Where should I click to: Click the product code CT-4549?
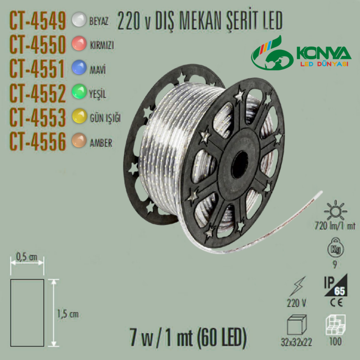(x=38, y=21)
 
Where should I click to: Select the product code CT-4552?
(x=38, y=94)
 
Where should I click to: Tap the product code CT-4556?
(x=38, y=141)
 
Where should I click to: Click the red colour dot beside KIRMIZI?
(x=79, y=43)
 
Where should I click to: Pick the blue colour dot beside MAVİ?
(x=79, y=67)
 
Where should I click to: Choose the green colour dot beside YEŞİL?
(x=79, y=91)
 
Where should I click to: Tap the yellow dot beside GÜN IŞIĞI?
(x=79, y=116)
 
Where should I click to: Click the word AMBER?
(x=101, y=143)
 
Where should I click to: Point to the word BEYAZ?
(x=99, y=21)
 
